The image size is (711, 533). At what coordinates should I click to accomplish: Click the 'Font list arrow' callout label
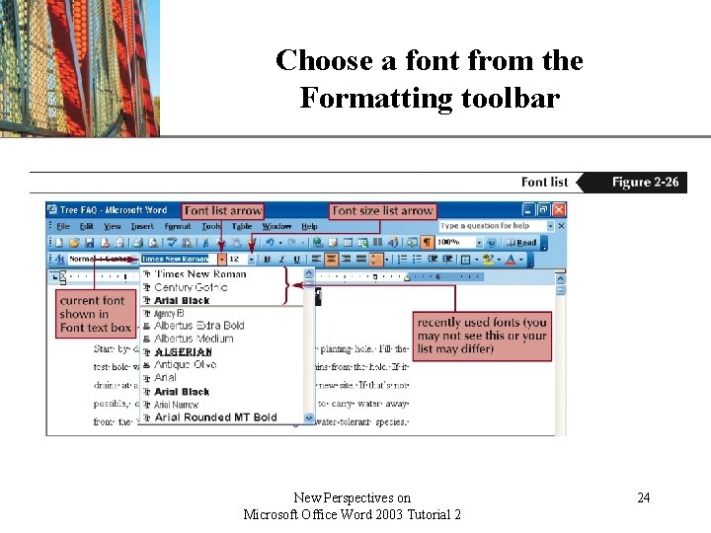223,210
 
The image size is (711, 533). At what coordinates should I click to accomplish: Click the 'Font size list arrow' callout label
383,210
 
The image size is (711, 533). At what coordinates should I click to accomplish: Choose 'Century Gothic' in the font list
191,287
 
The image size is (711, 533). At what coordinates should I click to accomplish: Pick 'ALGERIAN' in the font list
183,351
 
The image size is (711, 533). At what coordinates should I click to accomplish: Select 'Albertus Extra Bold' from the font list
198,326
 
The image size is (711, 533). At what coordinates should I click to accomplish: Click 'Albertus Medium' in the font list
194,339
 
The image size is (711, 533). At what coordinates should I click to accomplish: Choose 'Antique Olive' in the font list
185,364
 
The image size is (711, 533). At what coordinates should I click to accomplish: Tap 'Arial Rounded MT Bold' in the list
215,418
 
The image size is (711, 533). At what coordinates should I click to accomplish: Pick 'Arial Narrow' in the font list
176,405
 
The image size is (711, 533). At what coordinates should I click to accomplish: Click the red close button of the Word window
559,210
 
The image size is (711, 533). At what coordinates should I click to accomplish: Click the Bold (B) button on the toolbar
267,260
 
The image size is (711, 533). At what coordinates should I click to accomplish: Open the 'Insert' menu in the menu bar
142,226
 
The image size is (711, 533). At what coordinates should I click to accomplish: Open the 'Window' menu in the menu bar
276,226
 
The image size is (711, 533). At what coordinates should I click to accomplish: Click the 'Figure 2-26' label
645,182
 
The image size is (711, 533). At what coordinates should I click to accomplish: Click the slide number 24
643,497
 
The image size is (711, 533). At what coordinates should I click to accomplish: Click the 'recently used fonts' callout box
482,336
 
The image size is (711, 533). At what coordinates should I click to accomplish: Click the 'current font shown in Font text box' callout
95,314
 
